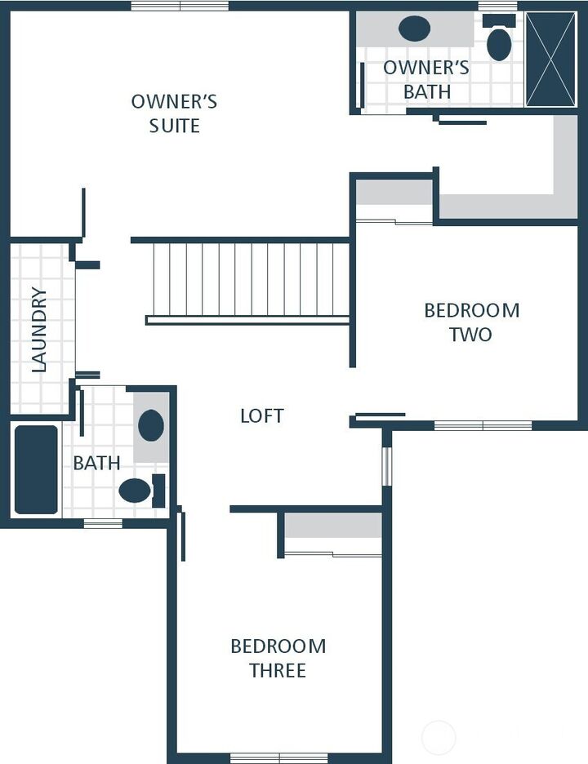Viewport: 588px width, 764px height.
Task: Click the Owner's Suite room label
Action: tap(174, 113)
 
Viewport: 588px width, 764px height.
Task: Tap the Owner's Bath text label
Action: tap(426, 79)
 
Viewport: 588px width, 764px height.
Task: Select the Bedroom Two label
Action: tap(471, 322)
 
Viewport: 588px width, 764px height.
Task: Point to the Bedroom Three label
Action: tap(278, 658)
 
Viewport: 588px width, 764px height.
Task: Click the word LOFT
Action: tap(261, 415)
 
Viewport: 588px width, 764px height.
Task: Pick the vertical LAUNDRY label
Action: tap(39, 329)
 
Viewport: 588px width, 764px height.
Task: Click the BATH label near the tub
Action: tap(96, 463)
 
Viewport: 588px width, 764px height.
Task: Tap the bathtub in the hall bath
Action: tap(37, 469)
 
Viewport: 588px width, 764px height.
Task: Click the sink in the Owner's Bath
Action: tap(415, 29)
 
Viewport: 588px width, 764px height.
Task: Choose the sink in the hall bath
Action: tap(151, 425)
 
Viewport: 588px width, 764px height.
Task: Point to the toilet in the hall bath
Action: tap(136, 491)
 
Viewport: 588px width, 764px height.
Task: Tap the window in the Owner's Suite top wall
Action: tap(180, 6)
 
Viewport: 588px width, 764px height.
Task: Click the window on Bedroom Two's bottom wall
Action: tap(483, 425)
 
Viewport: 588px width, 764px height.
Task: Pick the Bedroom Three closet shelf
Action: tap(333, 526)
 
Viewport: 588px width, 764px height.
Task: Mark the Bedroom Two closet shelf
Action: tap(394, 193)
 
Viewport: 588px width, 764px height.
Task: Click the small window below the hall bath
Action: tap(103, 523)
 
